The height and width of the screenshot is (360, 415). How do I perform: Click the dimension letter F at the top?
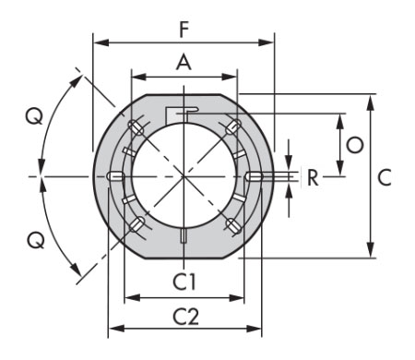(x=184, y=30)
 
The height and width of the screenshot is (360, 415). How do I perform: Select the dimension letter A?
(x=184, y=63)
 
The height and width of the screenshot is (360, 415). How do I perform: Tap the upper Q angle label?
(x=34, y=117)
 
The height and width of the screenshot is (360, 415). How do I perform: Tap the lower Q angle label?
(x=36, y=240)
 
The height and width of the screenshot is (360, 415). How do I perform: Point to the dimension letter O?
(x=355, y=145)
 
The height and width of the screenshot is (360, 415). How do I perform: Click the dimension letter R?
(x=314, y=178)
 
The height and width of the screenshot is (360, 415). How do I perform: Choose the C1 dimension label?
(x=184, y=282)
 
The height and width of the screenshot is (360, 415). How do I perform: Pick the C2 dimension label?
(x=185, y=317)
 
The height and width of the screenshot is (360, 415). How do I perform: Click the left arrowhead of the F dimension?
(x=101, y=42)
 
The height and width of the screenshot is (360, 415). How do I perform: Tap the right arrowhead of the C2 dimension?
(x=254, y=329)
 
